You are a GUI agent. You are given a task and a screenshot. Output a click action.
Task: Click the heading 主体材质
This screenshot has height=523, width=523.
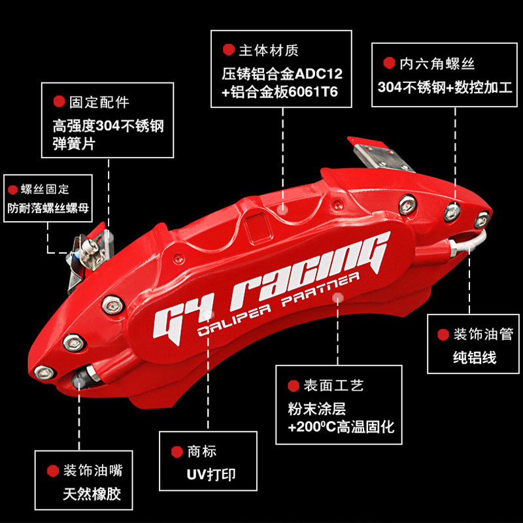pos(269,50)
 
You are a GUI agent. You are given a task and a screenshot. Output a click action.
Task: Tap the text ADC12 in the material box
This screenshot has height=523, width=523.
pos(318,74)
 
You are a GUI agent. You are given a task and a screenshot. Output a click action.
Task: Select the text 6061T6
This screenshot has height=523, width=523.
pos(313,92)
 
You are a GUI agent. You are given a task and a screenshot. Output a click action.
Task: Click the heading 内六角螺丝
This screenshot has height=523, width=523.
pos(437,63)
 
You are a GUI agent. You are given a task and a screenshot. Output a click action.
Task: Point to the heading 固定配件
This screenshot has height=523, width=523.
pos(99,102)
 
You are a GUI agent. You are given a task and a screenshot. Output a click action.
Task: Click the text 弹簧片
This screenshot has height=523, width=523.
pos(74,144)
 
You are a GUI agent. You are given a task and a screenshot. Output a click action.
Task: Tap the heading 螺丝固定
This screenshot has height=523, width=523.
pos(44,189)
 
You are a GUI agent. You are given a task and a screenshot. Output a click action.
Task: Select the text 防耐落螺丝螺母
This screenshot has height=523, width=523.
pos(48,208)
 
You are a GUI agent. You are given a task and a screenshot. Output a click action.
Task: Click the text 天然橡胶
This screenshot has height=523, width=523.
pos(92,494)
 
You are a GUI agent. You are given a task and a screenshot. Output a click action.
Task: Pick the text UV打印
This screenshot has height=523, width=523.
pos(211,475)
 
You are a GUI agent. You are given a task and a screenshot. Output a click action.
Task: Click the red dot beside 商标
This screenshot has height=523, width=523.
pos(177,452)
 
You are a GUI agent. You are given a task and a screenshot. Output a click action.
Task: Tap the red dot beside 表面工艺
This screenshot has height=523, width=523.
pos(294,386)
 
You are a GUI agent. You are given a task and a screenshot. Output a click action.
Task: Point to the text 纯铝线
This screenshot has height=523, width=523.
pos(475,358)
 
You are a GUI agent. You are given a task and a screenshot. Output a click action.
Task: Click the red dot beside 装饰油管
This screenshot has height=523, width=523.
pos(443,335)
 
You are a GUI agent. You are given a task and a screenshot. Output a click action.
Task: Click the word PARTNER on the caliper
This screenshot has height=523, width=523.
pos(320,290)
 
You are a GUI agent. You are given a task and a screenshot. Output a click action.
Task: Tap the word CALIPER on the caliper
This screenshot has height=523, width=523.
pos(234,321)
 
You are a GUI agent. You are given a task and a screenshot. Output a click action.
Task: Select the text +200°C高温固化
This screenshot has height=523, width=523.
pos(341,428)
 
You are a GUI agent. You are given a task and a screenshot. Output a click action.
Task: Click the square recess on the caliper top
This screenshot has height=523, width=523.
pos(258,228)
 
